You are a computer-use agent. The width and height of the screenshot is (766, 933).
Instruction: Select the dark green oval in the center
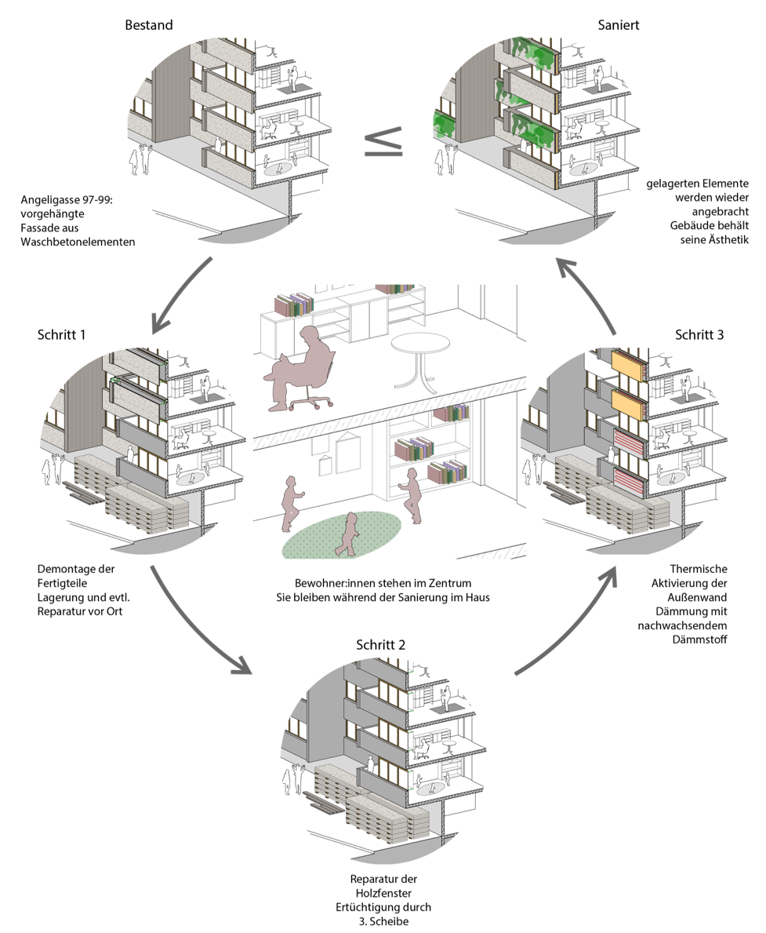click(342, 535)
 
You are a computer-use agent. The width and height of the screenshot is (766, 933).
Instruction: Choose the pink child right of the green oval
click(411, 496)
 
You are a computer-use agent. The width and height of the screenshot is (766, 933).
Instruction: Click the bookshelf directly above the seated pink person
click(294, 305)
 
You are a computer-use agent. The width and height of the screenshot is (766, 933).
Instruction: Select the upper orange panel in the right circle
click(627, 364)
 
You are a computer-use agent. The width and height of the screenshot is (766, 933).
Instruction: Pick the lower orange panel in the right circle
click(627, 403)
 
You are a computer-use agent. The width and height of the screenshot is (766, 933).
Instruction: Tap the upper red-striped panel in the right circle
click(627, 443)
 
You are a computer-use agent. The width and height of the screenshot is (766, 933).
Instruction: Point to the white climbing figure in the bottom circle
click(445, 698)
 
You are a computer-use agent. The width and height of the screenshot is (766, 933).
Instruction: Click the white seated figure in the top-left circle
click(268, 129)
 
